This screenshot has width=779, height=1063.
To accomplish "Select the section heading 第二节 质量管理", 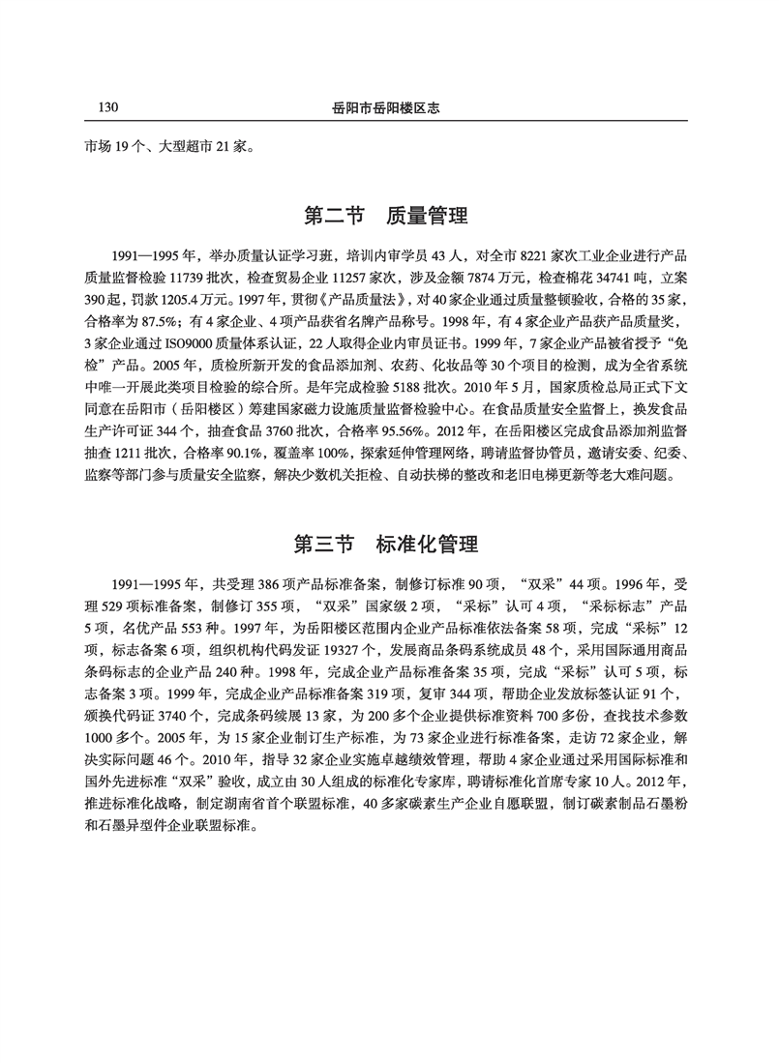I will pyautogui.click(x=386, y=214).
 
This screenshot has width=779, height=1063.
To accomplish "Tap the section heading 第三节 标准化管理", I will pyautogui.click(x=386, y=544).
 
